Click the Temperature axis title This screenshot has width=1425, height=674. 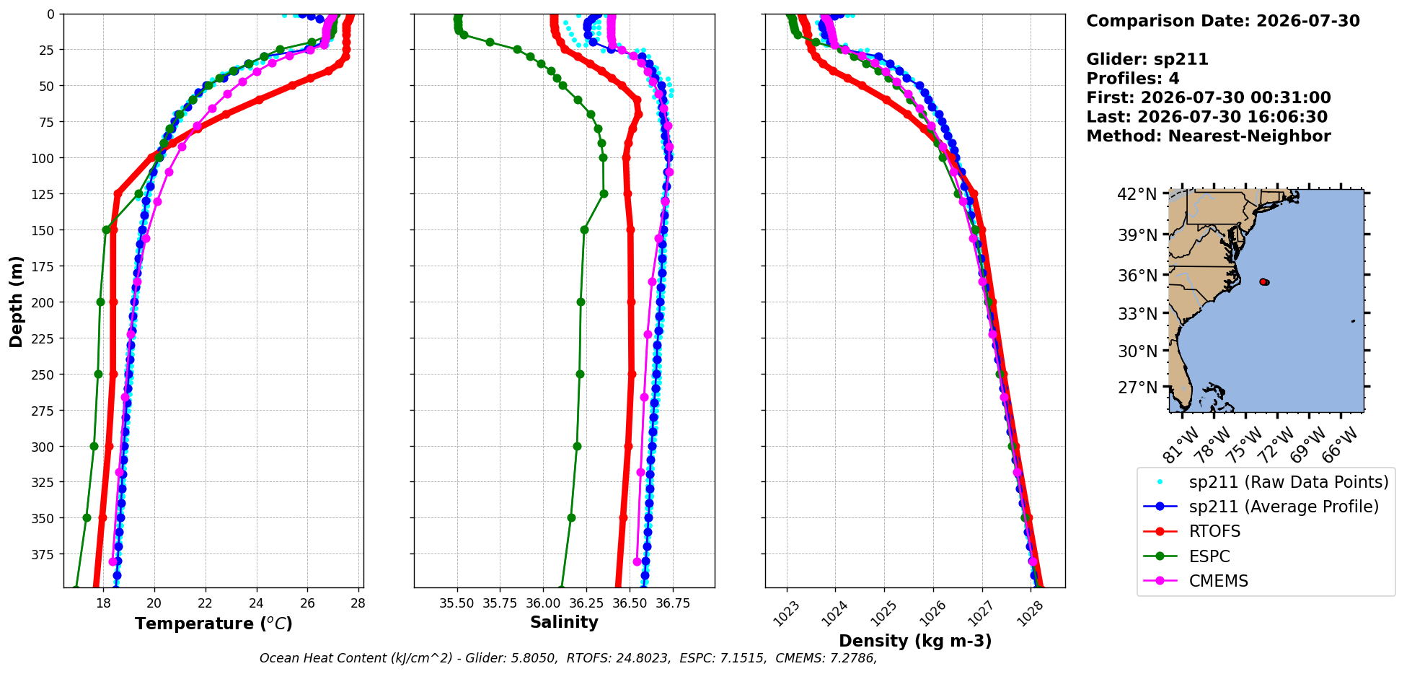coord(213,623)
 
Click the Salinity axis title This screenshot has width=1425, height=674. coord(564,622)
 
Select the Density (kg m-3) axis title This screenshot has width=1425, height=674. coord(915,641)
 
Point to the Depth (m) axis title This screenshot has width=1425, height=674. coord(16,301)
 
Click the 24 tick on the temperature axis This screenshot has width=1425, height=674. coord(256,603)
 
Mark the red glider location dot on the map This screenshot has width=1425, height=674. coord(1263,281)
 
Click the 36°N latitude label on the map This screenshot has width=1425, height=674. coord(1137,276)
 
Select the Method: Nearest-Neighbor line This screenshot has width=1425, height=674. coord(1209,136)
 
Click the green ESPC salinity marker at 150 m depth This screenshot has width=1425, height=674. coord(584,230)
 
